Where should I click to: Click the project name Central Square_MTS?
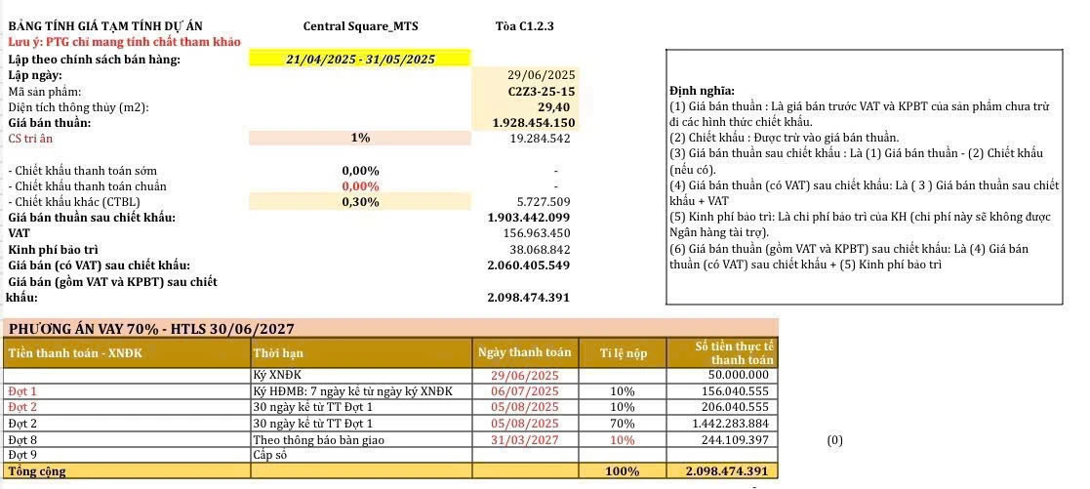point(360,26)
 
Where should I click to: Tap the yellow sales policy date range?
point(360,60)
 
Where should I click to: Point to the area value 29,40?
point(553,106)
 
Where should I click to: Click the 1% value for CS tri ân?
point(360,139)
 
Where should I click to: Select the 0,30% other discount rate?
point(360,202)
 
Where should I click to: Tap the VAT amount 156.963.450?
point(536,233)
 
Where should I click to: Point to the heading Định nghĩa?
point(703,91)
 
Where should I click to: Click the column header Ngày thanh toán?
point(525,352)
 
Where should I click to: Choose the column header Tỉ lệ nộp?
point(623,353)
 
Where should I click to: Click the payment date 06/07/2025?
point(525,391)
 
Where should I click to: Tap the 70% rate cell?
point(623,424)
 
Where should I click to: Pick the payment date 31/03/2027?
point(525,440)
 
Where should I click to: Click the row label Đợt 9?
point(22,455)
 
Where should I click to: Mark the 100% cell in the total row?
point(623,471)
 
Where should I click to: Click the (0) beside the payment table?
point(834,440)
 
